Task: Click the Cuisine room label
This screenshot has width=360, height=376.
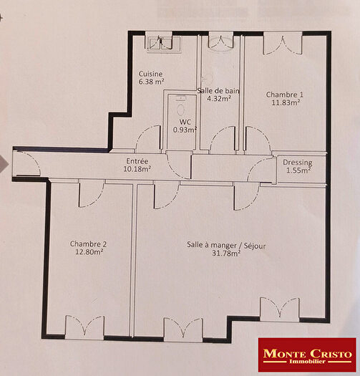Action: click(151, 74)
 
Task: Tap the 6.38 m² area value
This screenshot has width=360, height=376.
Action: click(151, 82)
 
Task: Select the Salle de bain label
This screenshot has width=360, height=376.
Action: click(218, 91)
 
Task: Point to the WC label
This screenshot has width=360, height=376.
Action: click(185, 122)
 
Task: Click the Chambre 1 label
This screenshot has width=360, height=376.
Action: click(284, 95)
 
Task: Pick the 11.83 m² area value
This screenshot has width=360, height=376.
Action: click(284, 102)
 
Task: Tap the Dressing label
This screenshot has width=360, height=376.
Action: click(296, 163)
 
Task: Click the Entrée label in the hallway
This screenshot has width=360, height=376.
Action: click(137, 161)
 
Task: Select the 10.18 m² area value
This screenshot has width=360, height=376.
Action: click(137, 170)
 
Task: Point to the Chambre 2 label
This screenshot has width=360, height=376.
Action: click(88, 244)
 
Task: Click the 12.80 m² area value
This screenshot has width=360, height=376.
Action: click(88, 251)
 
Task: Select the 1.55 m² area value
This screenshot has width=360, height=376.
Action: click(296, 170)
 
